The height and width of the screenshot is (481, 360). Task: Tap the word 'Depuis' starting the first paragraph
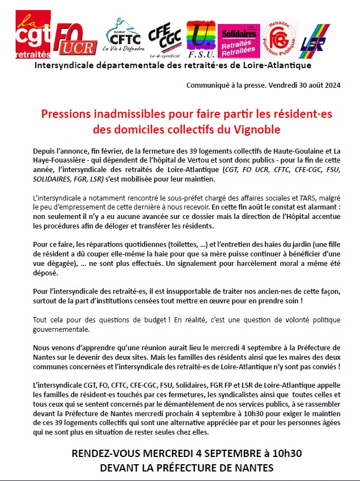(x=46, y=152)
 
